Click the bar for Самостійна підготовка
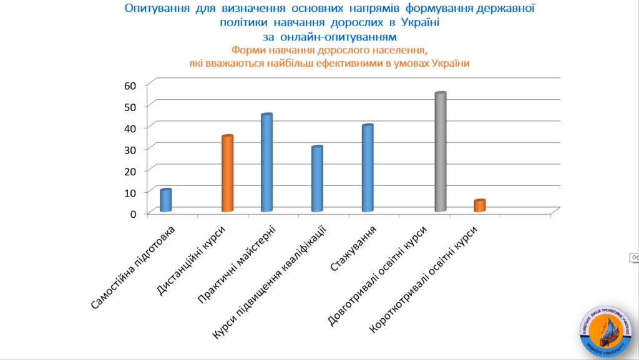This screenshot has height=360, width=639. pyautogui.click(x=165, y=200)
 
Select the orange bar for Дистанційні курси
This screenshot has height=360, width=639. pyautogui.click(x=227, y=173)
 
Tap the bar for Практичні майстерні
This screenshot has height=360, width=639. pyautogui.click(x=266, y=163)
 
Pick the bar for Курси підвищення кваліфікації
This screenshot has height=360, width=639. pyautogui.click(x=317, y=179)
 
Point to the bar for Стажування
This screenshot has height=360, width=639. pyautogui.click(x=368, y=168)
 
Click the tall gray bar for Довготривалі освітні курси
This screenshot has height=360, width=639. pyautogui.click(x=440, y=152)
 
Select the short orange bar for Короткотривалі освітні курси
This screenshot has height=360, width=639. pyautogui.click(x=479, y=206)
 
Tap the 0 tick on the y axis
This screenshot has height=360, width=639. pyautogui.click(x=133, y=213)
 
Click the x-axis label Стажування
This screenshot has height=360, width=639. pyautogui.click(x=353, y=249)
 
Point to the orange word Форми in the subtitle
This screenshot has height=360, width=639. pyautogui.click(x=245, y=51)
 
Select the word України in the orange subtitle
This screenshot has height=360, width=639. pyautogui.click(x=449, y=63)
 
